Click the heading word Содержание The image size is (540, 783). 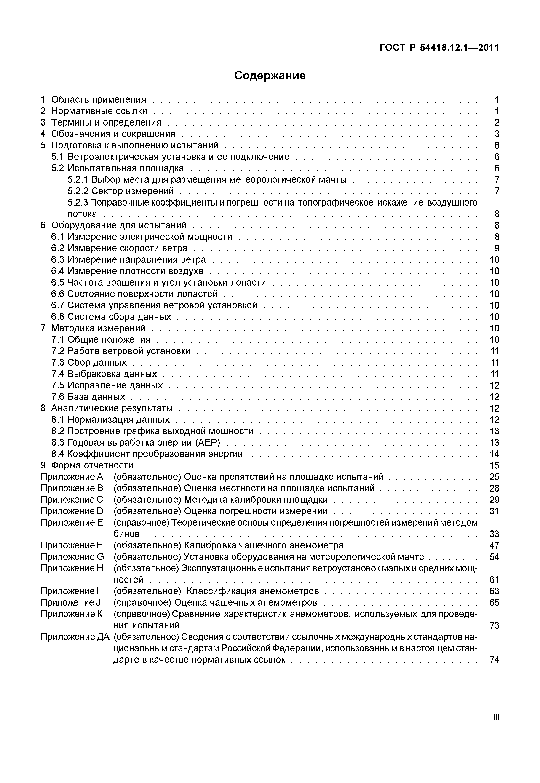tap(270, 75)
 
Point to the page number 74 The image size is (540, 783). tap(494, 660)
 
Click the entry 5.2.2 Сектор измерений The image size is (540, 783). tap(120, 191)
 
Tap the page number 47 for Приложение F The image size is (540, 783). tap(494, 545)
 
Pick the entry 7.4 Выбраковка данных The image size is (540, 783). tap(104, 374)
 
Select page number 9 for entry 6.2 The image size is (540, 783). tap(497, 248)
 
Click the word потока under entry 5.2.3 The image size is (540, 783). tap(82, 214)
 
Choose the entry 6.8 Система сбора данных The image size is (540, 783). tap(111, 317)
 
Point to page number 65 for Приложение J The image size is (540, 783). tap(494, 603)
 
